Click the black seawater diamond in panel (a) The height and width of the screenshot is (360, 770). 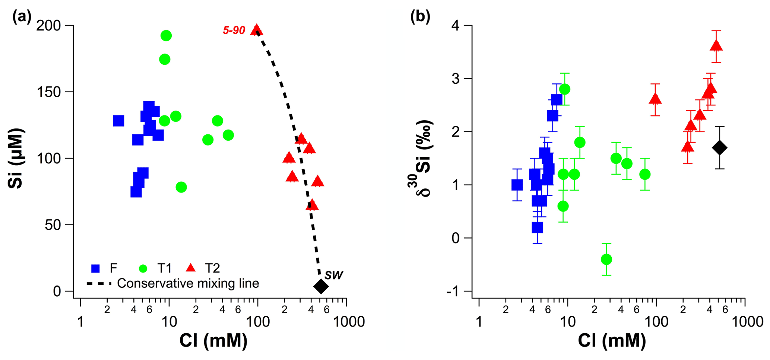coord(321,286)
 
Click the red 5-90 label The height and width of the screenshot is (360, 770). coord(234,31)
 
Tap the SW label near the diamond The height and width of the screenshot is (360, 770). coord(333,275)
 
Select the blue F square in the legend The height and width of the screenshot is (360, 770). coord(96,268)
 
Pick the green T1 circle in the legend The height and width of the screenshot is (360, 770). coord(143,268)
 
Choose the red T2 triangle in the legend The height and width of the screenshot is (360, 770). coord(191,268)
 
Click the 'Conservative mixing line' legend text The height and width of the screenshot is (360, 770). coord(188,283)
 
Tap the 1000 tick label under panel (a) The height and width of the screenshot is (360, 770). coord(347,322)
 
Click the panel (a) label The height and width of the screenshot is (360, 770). coord(22,17)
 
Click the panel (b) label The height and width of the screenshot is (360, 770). coord(420,17)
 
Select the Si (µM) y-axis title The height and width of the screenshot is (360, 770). coord(16,158)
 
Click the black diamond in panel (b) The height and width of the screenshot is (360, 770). coord(720,147)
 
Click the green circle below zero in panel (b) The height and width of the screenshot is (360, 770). coord(606,259)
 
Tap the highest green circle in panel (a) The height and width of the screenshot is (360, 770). coord(166,36)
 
